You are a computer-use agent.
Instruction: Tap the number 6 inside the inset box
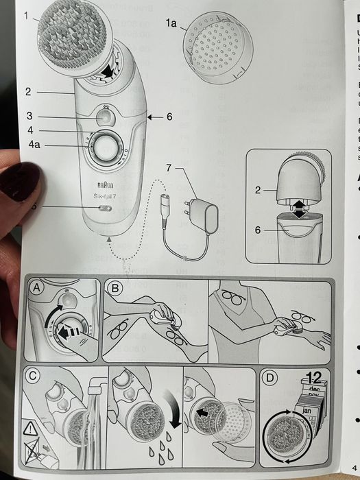coord(258,230)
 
